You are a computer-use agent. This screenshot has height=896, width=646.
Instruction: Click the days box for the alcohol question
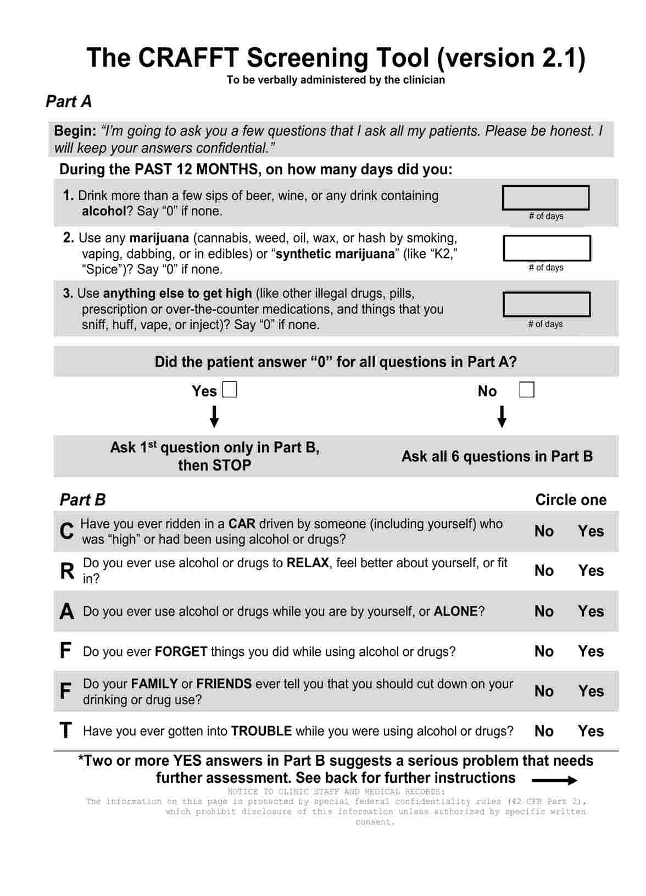tap(545, 198)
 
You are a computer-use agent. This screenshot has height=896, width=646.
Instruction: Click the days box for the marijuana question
tap(547, 248)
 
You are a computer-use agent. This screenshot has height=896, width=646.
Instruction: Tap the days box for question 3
tap(547, 305)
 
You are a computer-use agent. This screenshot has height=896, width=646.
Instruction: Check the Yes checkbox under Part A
tap(230, 390)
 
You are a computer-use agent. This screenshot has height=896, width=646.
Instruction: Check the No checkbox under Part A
tap(526, 390)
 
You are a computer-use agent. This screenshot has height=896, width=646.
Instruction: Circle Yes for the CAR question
tap(591, 531)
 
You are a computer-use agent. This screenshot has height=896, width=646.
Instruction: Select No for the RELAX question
tap(544, 571)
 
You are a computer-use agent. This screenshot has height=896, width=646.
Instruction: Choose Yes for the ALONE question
tap(591, 611)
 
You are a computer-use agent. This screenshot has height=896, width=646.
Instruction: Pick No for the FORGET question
tap(544, 651)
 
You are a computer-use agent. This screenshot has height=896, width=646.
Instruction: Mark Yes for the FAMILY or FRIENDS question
tap(591, 691)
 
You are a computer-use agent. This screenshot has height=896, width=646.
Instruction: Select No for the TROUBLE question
tap(544, 731)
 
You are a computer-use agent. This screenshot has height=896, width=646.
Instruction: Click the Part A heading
tap(69, 102)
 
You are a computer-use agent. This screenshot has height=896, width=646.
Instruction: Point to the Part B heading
tap(82, 500)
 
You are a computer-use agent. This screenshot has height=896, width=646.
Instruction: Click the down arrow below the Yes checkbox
tap(215, 416)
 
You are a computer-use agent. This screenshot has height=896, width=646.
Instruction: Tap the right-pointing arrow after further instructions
tap(554, 781)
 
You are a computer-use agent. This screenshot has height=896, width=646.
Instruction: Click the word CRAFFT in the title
tap(188, 58)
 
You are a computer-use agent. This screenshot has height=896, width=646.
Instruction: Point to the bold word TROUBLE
tap(261, 731)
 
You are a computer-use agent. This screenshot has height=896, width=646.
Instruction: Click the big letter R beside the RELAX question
tap(67, 571)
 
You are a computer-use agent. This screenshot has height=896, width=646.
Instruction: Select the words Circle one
tap(571, 500)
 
